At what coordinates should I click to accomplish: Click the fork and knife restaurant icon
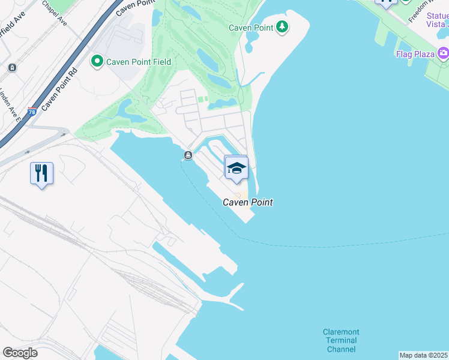click(x=41, y=173)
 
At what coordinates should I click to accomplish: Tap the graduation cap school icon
click(x=237, y=167)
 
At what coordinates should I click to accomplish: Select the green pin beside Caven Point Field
click(x=96, y=61)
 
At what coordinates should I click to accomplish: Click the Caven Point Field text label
click(x=139, y=62)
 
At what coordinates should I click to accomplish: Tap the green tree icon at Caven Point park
click(x=282, y=27)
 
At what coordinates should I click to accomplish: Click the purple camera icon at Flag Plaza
click(x=444, y=54)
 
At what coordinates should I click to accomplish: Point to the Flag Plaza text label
click(x=415, y=55)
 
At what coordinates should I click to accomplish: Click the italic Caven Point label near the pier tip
click(x=248, y=203)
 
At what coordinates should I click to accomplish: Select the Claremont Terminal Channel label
click(x=341, y=340)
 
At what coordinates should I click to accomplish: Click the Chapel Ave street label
click(x=55, y=12)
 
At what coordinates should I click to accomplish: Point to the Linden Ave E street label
click(x=10, y=105)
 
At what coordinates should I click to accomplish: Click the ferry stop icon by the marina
click(x=188, y=156)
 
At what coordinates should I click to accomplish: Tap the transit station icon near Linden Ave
click(x=11, y=68)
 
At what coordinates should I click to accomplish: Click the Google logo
click(x=20, y=353)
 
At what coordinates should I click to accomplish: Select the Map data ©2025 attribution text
click(x=424, y=355)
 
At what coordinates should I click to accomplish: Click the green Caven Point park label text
click(x=251, y=28)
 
